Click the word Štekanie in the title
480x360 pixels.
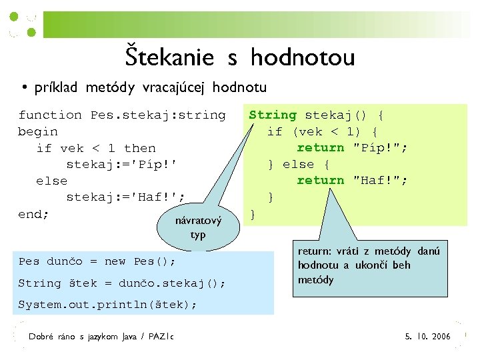point(169,58)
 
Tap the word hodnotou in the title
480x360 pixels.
point(303,58)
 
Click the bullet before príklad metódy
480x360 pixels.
point(23,87)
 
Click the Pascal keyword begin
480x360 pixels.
point(37,131)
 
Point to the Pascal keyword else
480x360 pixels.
point(51,181)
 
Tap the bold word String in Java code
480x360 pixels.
point(273,115)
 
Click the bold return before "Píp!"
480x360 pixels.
point(321,147)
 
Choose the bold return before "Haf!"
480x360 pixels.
point(321,180)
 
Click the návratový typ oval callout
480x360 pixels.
point(197,227)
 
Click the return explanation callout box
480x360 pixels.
point(373,266)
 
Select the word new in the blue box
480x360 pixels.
point(115,261)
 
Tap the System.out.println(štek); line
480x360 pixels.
point(107,305)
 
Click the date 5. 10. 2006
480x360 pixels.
point(427,337)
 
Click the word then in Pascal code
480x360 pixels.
point(139,148)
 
